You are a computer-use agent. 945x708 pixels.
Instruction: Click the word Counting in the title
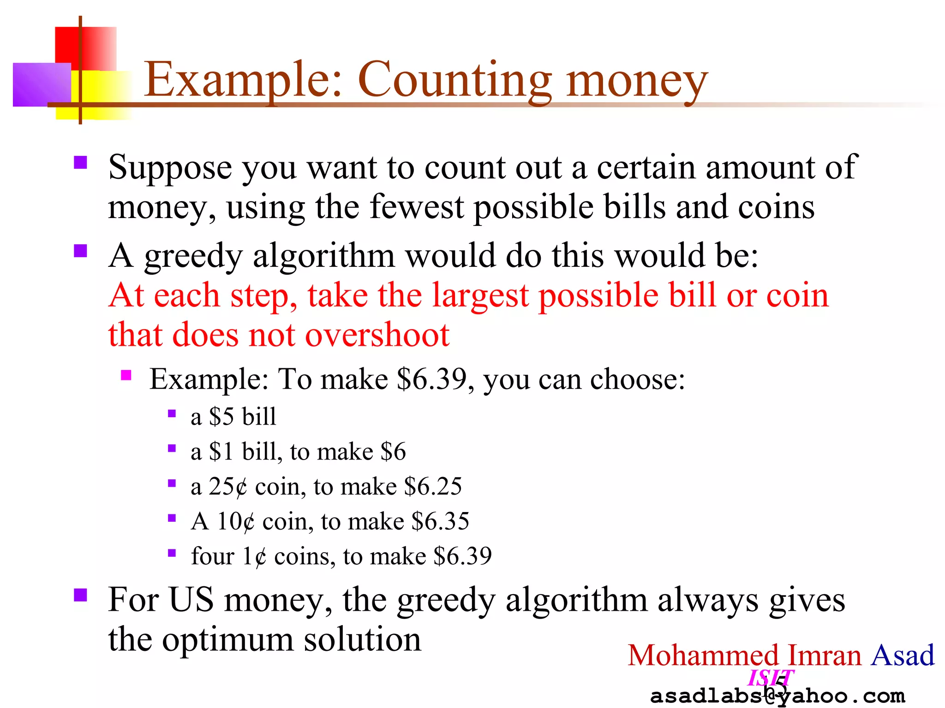click(x=454, y=81)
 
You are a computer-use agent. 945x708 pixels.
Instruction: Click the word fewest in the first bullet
click(x=417, y=207)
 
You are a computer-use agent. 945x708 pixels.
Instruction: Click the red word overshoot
click(x=377, y=335)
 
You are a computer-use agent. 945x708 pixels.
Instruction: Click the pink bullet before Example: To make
click(x=126, y=375)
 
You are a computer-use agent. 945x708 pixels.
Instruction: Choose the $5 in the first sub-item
click(x=221, y=417)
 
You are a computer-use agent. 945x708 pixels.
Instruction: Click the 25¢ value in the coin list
click(x=228, y=487)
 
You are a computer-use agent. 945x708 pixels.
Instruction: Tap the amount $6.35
click(x=440, y=522)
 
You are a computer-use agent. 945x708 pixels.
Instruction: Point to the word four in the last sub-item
click(x=213, y=556)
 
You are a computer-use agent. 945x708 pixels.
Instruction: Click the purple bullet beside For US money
click(x=81, y=595)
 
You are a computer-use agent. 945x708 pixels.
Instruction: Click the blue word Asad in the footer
click(x=902, y=655)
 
